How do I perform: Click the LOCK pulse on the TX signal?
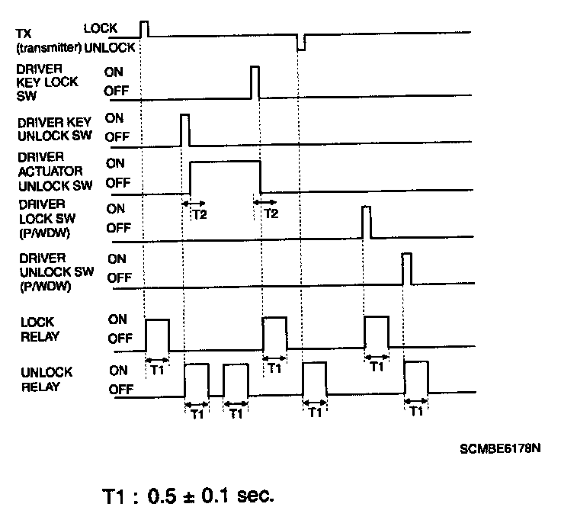tap(145, 28)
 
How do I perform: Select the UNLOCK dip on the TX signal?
tap(300, 43)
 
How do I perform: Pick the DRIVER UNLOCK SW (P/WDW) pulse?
tap(407, 268)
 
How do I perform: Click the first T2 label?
tap(199, 214)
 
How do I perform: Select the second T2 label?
tap(270, 214)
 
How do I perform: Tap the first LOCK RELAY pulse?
tap(157, 334)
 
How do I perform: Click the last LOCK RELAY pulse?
tap(377, 334)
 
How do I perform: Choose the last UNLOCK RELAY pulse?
tap(416, 378)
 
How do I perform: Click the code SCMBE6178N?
tap(500, 448)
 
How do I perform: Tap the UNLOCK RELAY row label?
tap(46, 379)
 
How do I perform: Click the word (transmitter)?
tap(45, 47)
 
